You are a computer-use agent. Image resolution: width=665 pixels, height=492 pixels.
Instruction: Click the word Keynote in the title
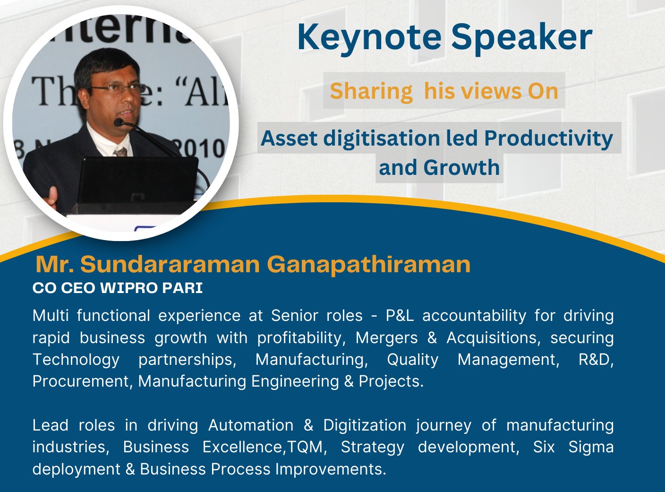coord(369,38)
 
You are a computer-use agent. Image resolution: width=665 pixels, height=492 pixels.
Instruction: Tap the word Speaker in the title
coord(522,38)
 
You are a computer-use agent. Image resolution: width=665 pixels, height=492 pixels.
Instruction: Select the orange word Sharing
coord(371,92)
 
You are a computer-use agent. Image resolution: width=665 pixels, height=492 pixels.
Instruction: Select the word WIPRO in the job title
coord(128,288)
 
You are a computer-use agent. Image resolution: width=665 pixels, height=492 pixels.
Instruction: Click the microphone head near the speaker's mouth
coord(119,122)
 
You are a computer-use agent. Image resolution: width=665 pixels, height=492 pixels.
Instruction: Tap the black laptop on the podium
coord(137,180)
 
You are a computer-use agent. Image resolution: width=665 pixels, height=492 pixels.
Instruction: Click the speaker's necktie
coord(120,152)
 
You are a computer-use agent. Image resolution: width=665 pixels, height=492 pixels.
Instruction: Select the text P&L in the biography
coord(400,316)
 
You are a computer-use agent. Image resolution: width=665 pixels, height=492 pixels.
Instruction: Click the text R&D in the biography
coord(596,359)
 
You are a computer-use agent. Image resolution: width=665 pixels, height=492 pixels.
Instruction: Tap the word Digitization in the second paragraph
coord(365,425)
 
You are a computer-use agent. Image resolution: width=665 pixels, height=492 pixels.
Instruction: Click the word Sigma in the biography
coord(591,447)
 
